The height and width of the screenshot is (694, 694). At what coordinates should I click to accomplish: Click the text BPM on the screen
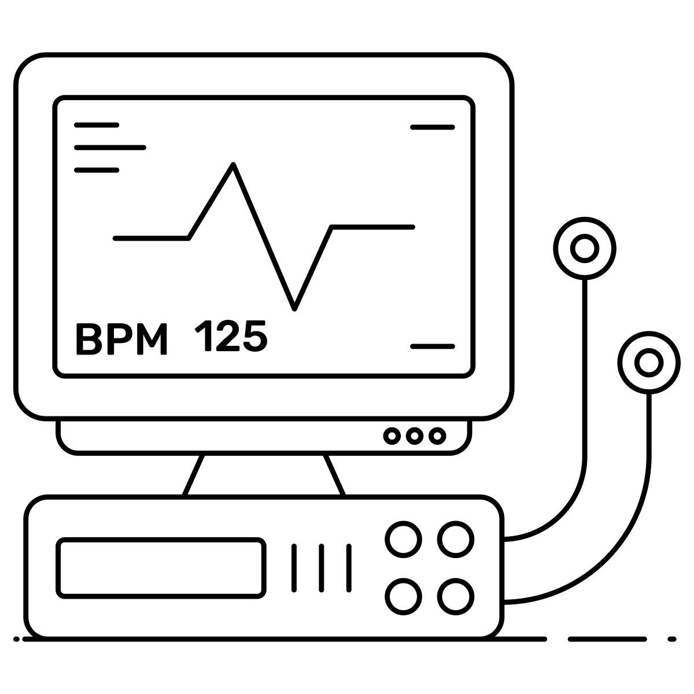click(x=121, y=338)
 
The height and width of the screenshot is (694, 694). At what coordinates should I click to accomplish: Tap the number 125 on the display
click(x=231, y=335)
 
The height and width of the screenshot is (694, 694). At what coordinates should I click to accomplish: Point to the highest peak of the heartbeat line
click(x=234, y=165)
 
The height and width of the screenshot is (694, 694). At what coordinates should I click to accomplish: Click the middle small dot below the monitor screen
click(x=415, y=436)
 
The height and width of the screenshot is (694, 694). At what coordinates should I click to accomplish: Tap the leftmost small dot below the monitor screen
click(x=392, y=436)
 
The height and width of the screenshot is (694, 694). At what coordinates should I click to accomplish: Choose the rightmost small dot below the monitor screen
click(x=437, y=436)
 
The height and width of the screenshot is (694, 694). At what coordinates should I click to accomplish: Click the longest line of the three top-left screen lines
click(x=110, y=147)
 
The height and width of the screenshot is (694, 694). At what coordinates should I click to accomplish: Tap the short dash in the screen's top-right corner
click(x=433, y=127)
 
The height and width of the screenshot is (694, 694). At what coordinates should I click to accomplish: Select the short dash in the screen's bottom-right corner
click(x=433, y=346)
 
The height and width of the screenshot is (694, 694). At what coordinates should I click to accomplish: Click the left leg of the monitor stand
click(x=193, y=475)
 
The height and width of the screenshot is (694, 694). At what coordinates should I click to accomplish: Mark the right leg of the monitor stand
click(x=334, y=475)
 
